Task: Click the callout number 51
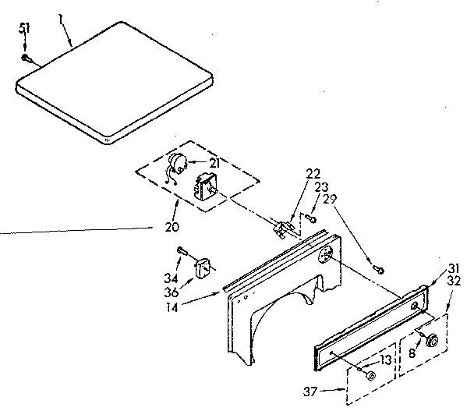click(23, 29)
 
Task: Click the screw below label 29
click(379, 269)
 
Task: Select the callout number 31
click(453, 269)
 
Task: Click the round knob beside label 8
click(431, 339)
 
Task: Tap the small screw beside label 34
click(182, 250)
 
